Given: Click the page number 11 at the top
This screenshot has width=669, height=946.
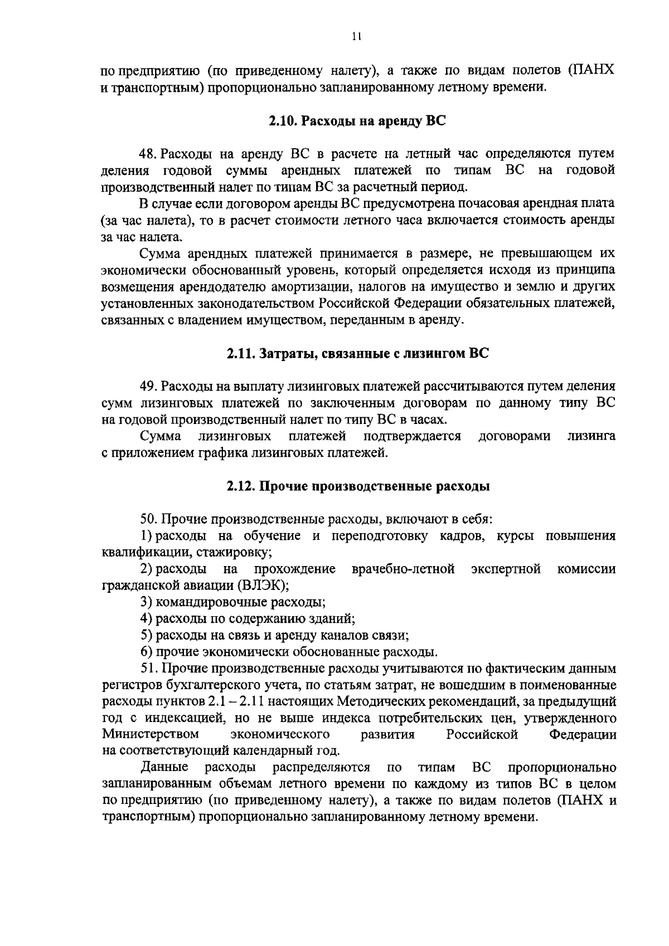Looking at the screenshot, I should pos(357,37).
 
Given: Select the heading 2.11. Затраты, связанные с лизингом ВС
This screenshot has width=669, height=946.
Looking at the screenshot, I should pos(357,354).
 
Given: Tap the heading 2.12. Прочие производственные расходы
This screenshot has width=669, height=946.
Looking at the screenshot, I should pos(358,486).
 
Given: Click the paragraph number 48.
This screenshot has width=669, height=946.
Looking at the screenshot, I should pos(148,154).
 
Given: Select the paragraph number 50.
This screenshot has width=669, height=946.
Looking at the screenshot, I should pos(149,519).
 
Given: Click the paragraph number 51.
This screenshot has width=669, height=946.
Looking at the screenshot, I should pos(148,668).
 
